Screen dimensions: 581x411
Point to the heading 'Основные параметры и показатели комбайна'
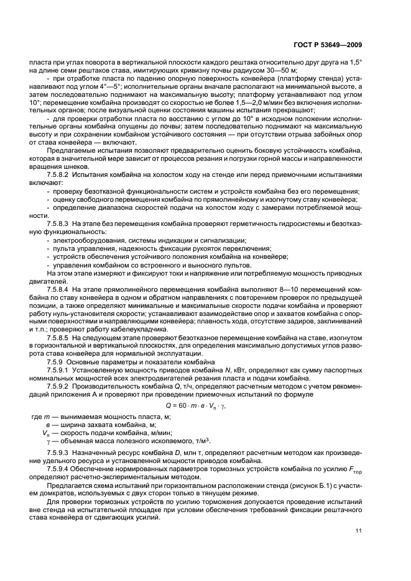click(x=145, y=361)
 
